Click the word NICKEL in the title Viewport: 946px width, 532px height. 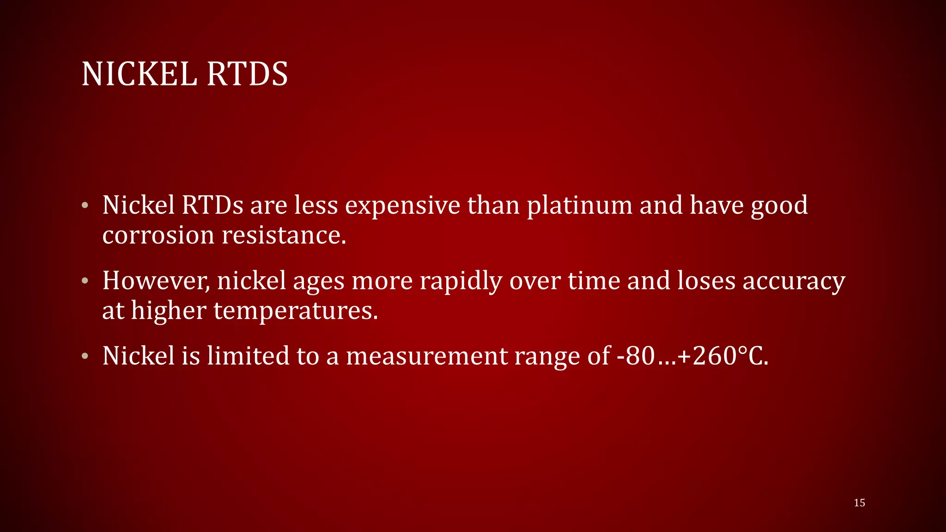[139, 74]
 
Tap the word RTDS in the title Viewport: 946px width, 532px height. [247, 74]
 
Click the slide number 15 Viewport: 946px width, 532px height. [859, 503]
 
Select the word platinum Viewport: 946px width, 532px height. [580, 206]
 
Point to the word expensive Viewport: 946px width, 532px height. [402, 206]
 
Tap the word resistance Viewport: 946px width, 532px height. [284, 235]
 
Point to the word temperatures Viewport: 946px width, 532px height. [296, 310]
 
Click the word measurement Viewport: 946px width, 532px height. [427, 356]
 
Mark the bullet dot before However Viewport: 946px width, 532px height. [85, 281]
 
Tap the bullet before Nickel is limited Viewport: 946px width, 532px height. [85, 356]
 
